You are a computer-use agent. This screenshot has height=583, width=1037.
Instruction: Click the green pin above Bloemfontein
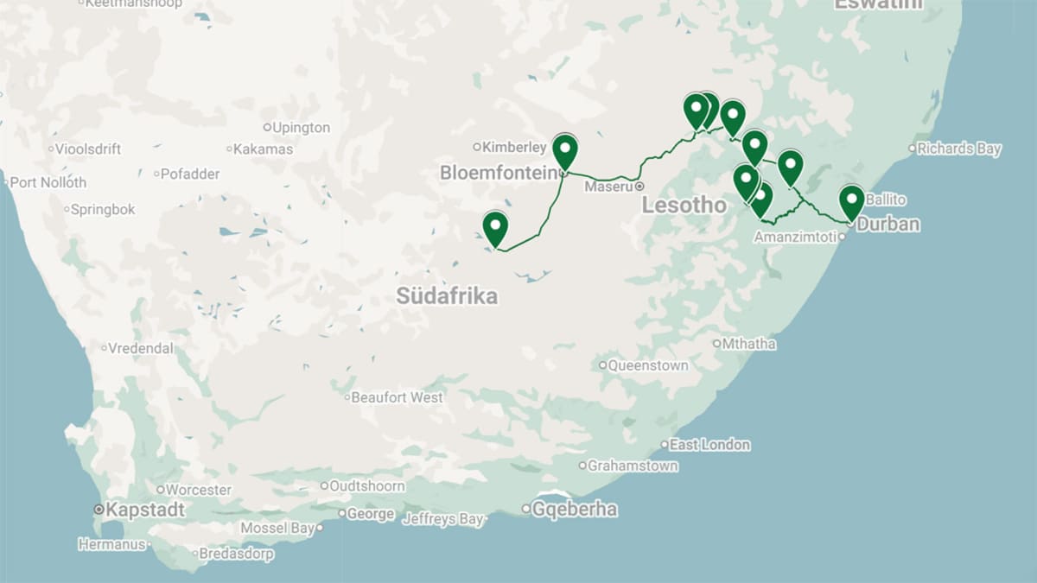pos(565,151)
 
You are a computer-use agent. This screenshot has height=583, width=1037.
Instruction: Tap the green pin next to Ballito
pos(851,201)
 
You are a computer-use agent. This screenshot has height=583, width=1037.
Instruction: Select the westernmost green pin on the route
pos(495,227)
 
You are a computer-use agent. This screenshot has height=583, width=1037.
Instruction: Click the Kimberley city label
pos(514,147)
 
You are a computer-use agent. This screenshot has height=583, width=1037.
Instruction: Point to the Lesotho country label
pos(684,206)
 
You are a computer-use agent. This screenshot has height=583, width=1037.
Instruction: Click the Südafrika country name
pos(447,296)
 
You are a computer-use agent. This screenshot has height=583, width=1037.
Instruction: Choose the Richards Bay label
pos(958,149)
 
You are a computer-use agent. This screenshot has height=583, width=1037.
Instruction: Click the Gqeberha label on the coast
pos(575,509)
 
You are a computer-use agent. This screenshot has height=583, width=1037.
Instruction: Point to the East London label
pos(709,445)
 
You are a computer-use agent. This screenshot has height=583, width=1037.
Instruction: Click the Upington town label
pos(301,128)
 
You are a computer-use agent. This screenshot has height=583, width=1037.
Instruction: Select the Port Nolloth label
pos(48,182)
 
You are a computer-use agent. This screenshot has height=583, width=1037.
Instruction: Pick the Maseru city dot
pos(639,187)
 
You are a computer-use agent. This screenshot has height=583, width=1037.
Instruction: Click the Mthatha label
pos(748,344)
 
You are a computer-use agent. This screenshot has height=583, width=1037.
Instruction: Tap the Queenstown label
pos(648,365)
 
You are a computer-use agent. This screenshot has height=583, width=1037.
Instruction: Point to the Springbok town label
pos(103,209)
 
